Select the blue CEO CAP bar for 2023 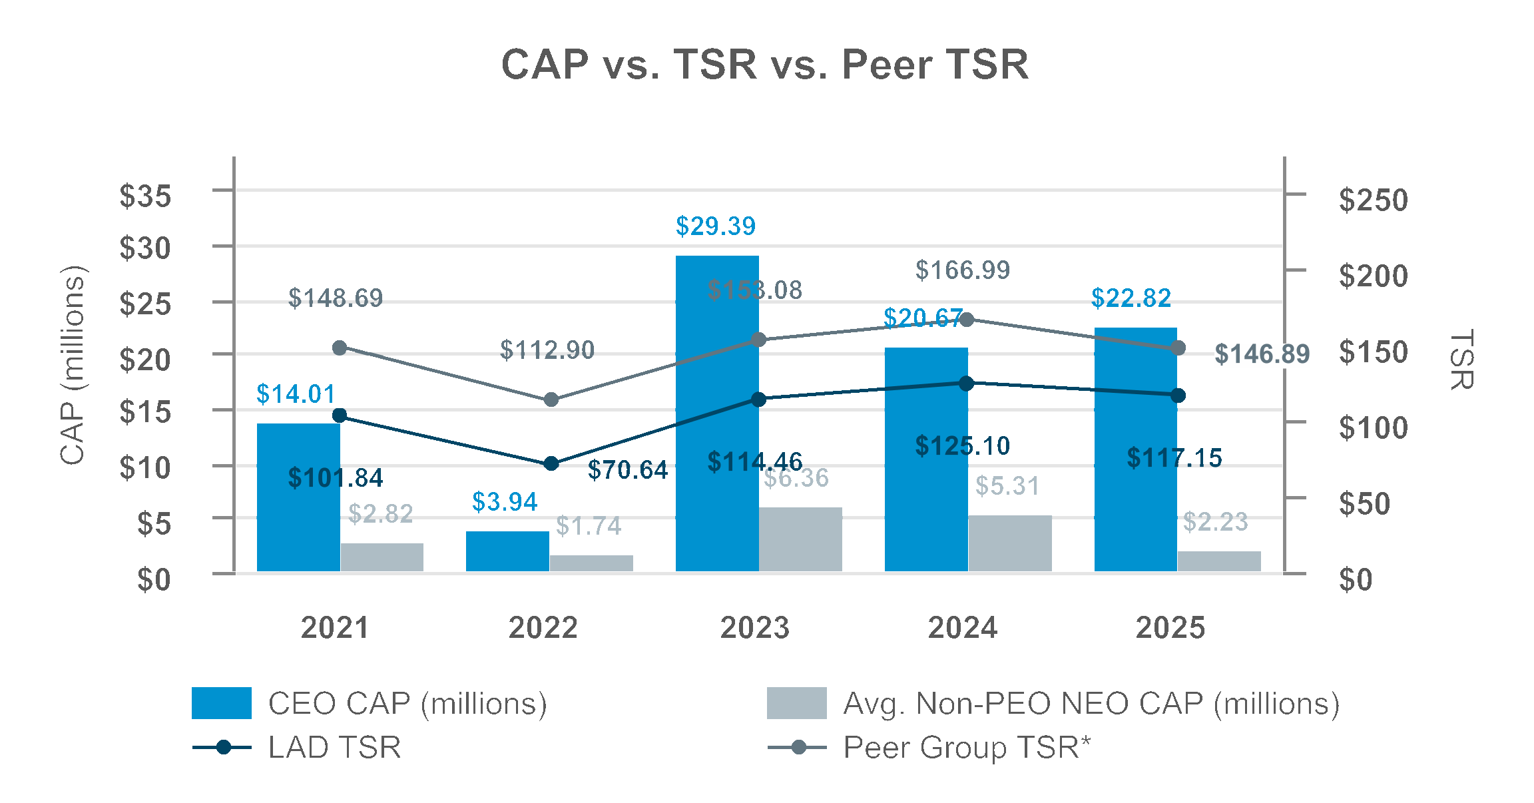[717, 413]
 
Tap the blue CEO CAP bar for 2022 [507, 551]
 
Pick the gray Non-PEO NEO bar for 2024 [1010, 543]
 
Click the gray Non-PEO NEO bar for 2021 [382, 557]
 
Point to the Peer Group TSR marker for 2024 [967, 320]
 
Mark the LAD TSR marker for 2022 [551, 463]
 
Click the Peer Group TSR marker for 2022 [551, 400]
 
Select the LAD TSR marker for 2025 [1178, 396]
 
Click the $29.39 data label [716, 226]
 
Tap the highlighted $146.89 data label [1262, 354]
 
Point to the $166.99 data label [962, 270]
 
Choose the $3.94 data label [505, 502]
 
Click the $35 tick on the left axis [145, 196]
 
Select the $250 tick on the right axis [1373, 200]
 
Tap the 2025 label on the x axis [1170, 628]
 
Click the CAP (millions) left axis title [73, 365]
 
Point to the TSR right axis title [1461, 359]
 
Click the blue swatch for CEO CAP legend [221, 703]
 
